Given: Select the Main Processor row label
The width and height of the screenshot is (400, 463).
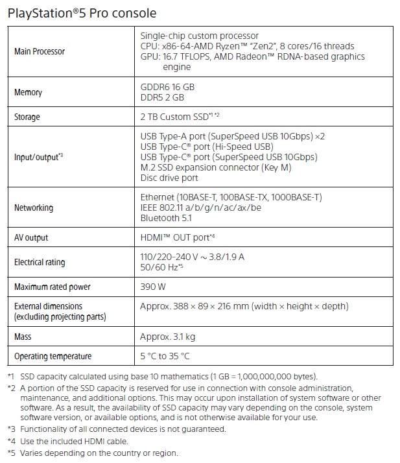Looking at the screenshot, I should [x=39, y=51].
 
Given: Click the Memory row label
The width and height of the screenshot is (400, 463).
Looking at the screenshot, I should [x=28, y=93].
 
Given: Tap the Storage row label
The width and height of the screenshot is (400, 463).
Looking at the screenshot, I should [x=27, y=117].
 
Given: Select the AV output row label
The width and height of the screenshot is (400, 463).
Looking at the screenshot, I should [x=31, y=238].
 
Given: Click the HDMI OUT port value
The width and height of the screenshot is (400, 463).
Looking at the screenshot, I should [x=177, y=238].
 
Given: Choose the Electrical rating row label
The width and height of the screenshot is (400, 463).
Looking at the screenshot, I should [x=40, y=263].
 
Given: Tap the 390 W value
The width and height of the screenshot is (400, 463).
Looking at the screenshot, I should [x=153, y=286].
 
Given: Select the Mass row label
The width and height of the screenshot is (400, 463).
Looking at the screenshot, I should [x=23, y=337].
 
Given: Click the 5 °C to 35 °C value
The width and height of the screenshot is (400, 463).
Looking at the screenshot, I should [x=166, y=356].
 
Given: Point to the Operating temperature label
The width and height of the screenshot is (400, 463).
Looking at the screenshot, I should [x=53, y=356].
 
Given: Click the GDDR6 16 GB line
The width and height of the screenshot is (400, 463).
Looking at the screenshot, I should [x=167, y=87].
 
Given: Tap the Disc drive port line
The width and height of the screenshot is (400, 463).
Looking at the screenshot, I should [x=169, y=178].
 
